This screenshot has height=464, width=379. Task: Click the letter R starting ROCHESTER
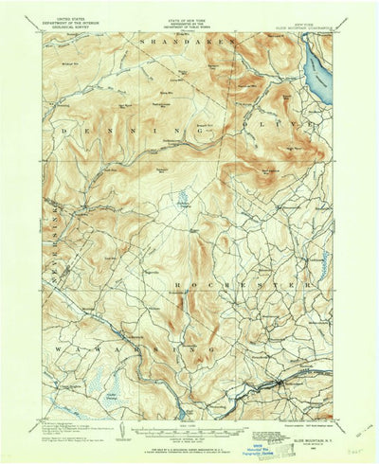[177, 282]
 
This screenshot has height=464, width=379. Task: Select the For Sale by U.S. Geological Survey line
[188, 446]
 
